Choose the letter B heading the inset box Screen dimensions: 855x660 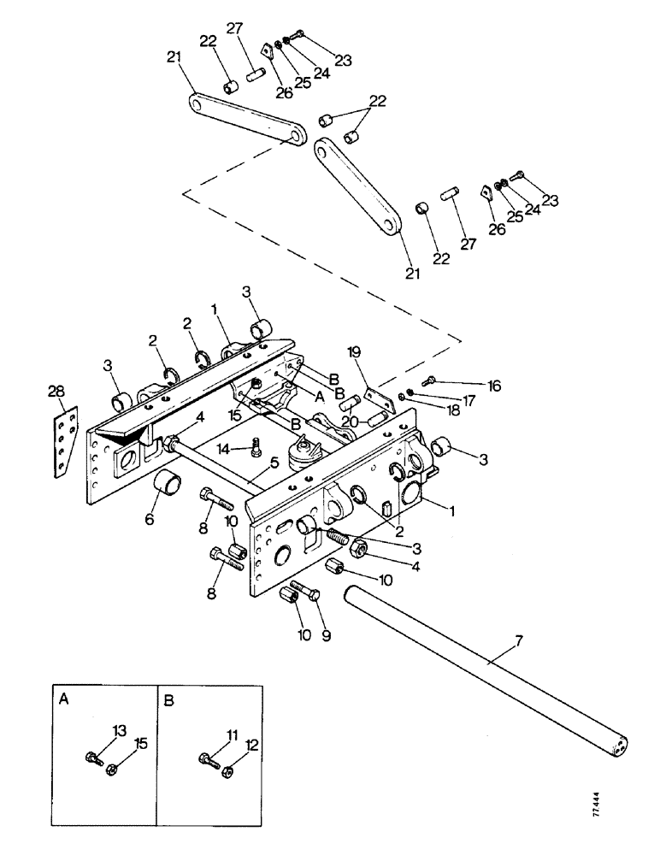(168, 698)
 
